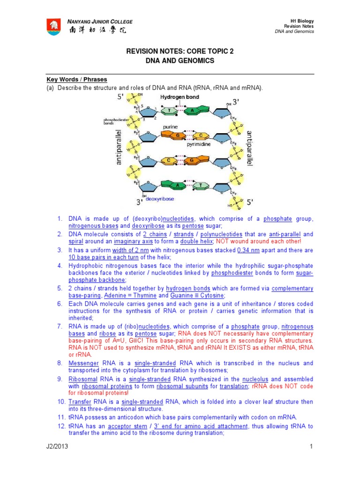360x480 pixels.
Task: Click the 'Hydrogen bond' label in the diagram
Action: pyautogui.click(x=180, y=97)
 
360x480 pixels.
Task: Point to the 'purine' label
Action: pyautogui.click(x=169, y=127)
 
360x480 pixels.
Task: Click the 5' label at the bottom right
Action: pyautogui.click(x=250, y=202)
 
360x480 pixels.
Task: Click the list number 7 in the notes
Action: pyautogui.click(x=60, y=326)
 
